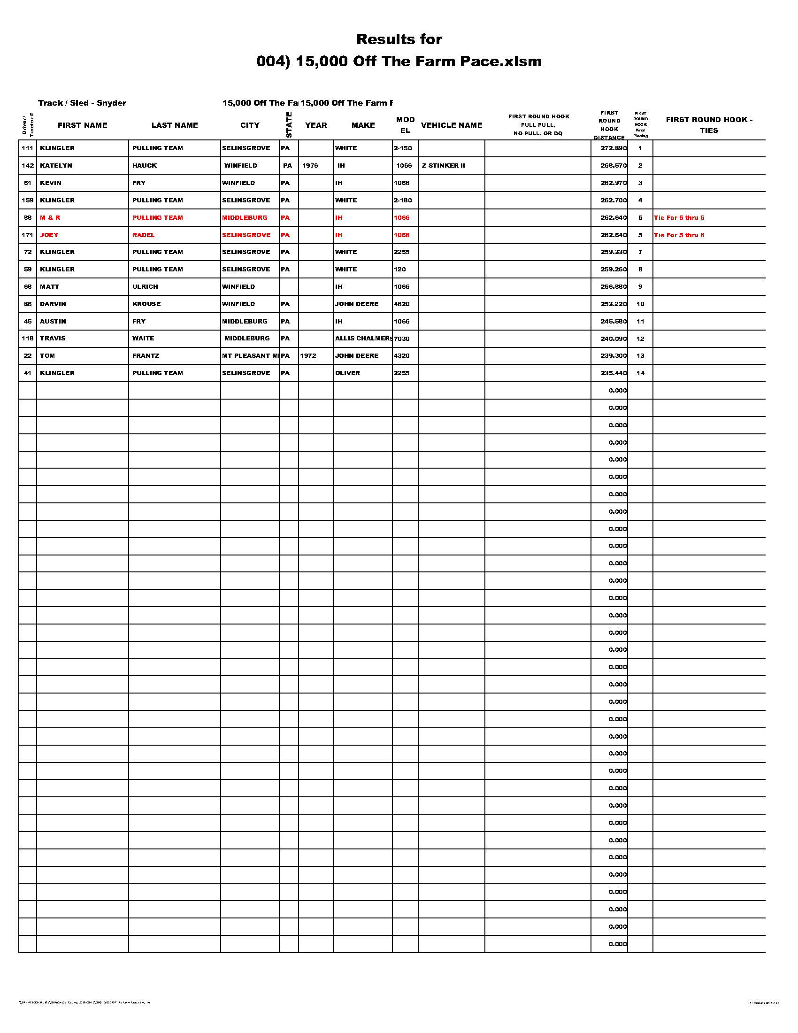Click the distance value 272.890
click(x=613, y=148)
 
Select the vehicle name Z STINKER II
click(x=443, y=166)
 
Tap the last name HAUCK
click(x=144, y=166)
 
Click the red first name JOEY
click(x=49, y=235)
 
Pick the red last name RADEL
click(x=143, y=235)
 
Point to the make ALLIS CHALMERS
click(x=363, y=339)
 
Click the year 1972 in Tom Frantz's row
click(x=308, y=356)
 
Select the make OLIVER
click(x=347, y=373)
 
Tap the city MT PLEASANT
click(x=250, y=356)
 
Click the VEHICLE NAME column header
click(x=452, y=125)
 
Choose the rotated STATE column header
click(x=289, y=125)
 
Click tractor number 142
click(x=27, y=166)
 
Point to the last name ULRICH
click(x=145, y=286)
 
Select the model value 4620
click(x=401, y=304)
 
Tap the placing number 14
click(x=640, y=373)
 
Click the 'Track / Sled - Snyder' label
click(x=82, y=103)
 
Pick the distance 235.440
click(x=613, y=373)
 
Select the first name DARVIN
click(x=53, y=304)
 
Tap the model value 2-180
click(x=402, y=200)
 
